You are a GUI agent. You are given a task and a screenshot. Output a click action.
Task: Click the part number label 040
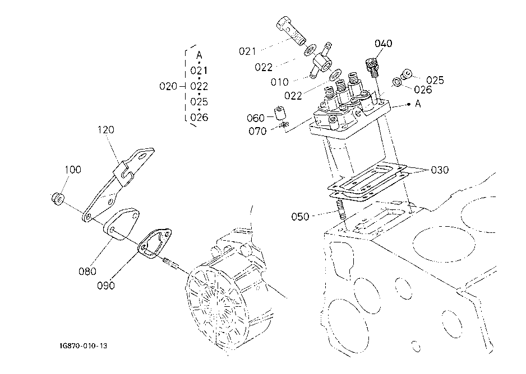click(x=383, y=44)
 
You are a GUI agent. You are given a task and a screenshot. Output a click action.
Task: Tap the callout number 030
click(x=440, y=170)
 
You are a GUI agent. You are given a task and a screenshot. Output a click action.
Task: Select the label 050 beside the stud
click(x=300, y=217)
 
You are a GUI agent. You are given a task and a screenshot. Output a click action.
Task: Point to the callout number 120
click(x=106, y=130)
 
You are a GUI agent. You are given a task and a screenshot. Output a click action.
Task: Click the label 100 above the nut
click(x=73, y=170)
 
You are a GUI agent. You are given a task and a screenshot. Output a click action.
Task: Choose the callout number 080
click(x=87, y=271)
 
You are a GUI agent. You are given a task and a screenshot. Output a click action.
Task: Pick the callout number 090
click(x=105, y=286)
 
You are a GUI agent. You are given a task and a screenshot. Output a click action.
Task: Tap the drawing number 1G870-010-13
click(x=81, y=346)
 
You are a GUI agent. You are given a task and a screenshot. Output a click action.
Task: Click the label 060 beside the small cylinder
click(x=256, y=118)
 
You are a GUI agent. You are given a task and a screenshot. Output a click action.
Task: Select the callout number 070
click(x=257, y=131)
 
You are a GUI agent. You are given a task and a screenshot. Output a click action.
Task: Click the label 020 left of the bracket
click(x=168, y=86)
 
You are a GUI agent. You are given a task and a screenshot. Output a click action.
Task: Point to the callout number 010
click(x=279, y=82)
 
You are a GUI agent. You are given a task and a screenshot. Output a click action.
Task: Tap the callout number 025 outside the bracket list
click(x=435, y=81)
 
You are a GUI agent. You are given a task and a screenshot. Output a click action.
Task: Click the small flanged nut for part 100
click(x=58, y=199)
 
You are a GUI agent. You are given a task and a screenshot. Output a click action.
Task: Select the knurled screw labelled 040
click(x=372, y=67)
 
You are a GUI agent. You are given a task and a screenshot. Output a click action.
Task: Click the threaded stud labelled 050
click(x=340, y=211)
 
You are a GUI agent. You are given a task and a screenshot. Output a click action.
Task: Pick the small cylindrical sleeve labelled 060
click(x=280, y=113)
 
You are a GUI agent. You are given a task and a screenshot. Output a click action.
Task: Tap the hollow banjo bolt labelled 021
click(x=290, y=30)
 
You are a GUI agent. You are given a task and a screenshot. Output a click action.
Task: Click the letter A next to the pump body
click(x=418, y=104)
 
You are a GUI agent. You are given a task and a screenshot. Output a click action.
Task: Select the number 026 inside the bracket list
click(x=199, y=118)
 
